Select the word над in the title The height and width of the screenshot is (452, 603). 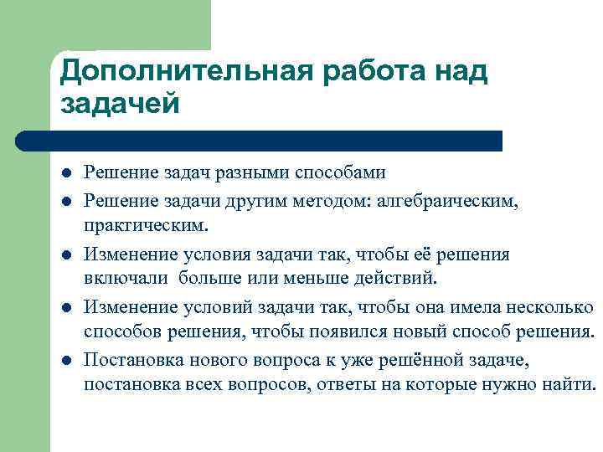tap(458, 72)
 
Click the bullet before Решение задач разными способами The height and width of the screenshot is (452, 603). tap(65, 174)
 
